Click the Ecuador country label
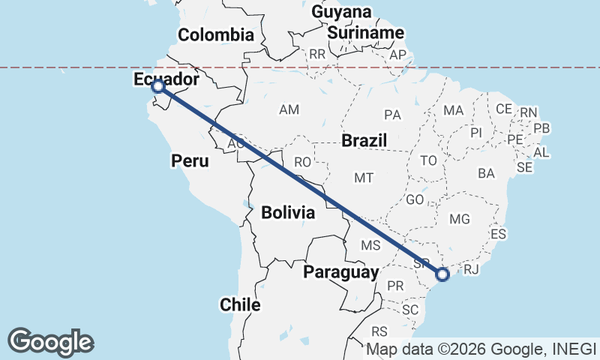(x=166, y=79)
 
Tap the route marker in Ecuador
(x=158, y=88)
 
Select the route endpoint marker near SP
(x=442, y=274)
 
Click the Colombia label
(x=216, y=34)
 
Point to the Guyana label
(x=342, y=13)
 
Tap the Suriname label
(x=366, y=33)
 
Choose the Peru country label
(x=190, y=160)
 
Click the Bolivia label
(x=288, y=213)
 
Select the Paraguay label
(x=340, y=272)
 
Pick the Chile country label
(x=240, y=304)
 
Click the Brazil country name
(x=364, y=140)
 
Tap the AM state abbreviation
(x=289, y=110)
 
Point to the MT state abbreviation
(x=364, y=178)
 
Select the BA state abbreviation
(x=486, y=173)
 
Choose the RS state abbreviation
(x=380, y=331)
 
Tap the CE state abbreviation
(x=503, y=109)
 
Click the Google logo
(x=50, y=341)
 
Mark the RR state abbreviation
(x=317, y=55)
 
